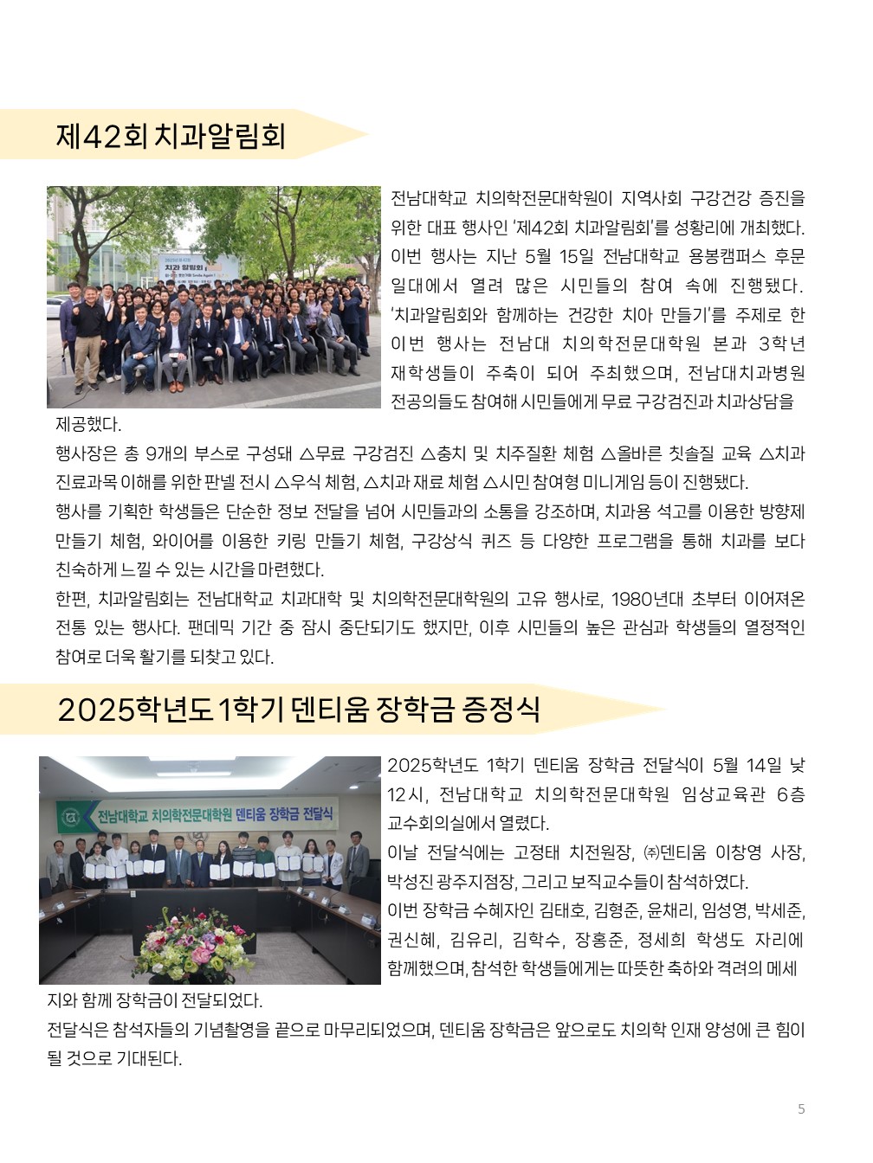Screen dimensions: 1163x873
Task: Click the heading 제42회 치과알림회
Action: coord(171,136)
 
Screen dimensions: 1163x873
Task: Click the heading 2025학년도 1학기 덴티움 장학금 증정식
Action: coord(299,710)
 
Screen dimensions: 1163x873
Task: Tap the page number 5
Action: coord(801,1108)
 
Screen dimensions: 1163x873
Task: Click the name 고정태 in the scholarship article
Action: coord(538,852)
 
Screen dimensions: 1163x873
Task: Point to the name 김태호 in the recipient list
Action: coord(564,910)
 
